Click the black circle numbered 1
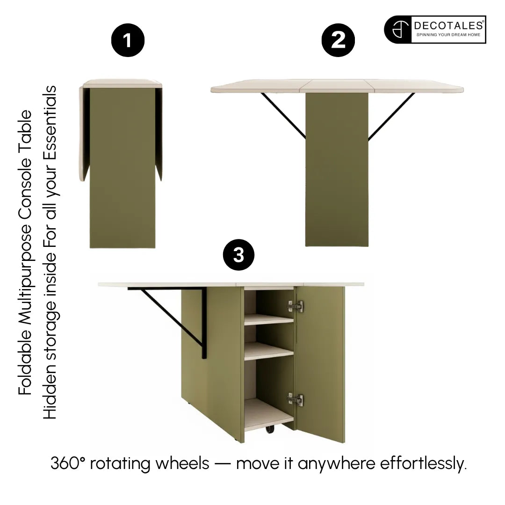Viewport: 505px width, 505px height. click(128, 40)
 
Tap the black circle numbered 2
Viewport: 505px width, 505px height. click(338, 40)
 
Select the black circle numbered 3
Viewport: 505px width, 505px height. click(238, 255)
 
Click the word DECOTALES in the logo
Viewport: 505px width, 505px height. click(448, 25)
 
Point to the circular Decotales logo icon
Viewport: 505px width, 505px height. click(399, 29)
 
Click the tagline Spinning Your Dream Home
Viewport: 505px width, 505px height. click(448, 35)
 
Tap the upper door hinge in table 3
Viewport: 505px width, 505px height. click(296, 306)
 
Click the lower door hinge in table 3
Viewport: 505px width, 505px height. click(296, 399)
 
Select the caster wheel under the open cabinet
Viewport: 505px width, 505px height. click(270, 429)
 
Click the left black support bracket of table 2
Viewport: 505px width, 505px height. click(283, 115)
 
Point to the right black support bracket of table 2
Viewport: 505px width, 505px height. click(391, 116)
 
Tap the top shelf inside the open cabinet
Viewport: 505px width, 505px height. click(269, 319)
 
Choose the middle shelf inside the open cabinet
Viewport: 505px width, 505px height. click(269, 351)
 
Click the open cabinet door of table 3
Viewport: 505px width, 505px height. click(320, 364)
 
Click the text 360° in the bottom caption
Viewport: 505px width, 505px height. click(68, 463)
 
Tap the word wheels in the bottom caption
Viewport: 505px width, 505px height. click(183, 463)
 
